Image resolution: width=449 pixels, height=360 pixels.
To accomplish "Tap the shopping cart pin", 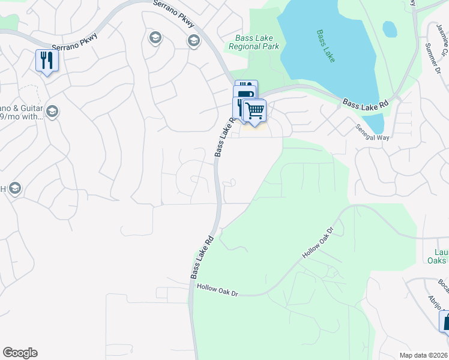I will coord(255,110).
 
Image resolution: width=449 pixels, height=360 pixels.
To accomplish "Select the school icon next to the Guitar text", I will coord(52,112).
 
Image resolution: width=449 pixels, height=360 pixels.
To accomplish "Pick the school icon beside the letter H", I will coord(15,188).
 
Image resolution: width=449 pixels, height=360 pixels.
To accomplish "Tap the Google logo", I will coord(20,353).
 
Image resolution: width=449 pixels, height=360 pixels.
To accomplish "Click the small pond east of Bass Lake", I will coord(390,28).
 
